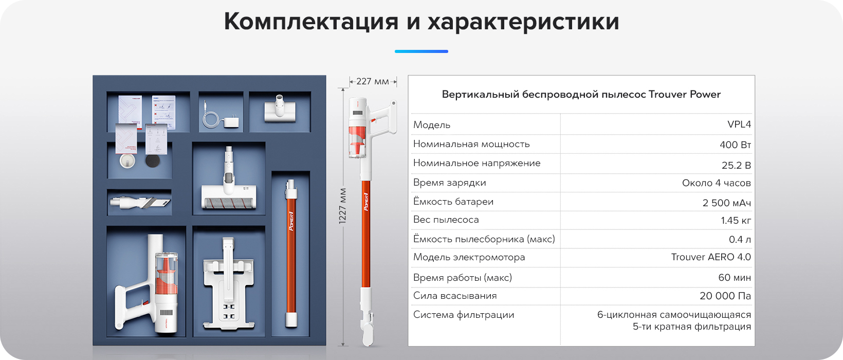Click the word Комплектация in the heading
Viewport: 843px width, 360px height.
tap(311, 22)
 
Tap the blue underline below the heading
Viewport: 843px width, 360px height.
tap(421, 51)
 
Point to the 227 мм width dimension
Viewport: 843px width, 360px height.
tap(373, 81)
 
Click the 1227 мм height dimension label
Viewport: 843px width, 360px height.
tap(342, 206)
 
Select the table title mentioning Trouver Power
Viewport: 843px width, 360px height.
tap(581, 94)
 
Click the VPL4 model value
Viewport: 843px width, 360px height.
tap(739, 124)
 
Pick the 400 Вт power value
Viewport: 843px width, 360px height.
tap(735, 145)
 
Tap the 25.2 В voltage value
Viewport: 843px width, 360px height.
tap(736, 165)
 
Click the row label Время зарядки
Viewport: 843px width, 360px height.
tap(449, 183)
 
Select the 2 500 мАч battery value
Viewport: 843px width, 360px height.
tap(726, 203)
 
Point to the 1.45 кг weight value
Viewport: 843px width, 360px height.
tap(736, 220)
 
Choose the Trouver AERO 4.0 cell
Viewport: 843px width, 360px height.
tap(710, 257)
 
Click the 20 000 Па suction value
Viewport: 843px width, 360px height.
tap(725, 296)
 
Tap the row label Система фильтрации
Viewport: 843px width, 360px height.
tap(464, 315)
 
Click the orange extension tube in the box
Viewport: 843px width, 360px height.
tap(291, 253)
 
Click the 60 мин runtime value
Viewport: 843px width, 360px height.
tap(734, 278)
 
